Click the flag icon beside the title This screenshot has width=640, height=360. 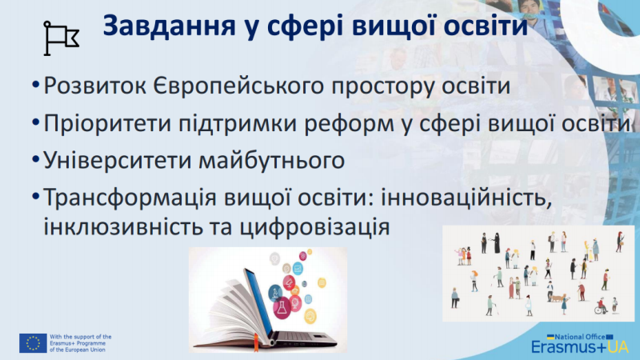[x=62, y=38]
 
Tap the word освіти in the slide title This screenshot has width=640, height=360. [x=486, y=26]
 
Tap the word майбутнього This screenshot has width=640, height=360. [x=272, y=161]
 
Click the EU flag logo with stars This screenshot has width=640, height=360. [x=33, y=343]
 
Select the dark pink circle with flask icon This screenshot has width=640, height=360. [x=282, y=307]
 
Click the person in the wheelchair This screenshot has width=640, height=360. [x=601, y=306]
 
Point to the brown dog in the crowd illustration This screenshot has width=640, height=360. [x=558, y=297]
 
